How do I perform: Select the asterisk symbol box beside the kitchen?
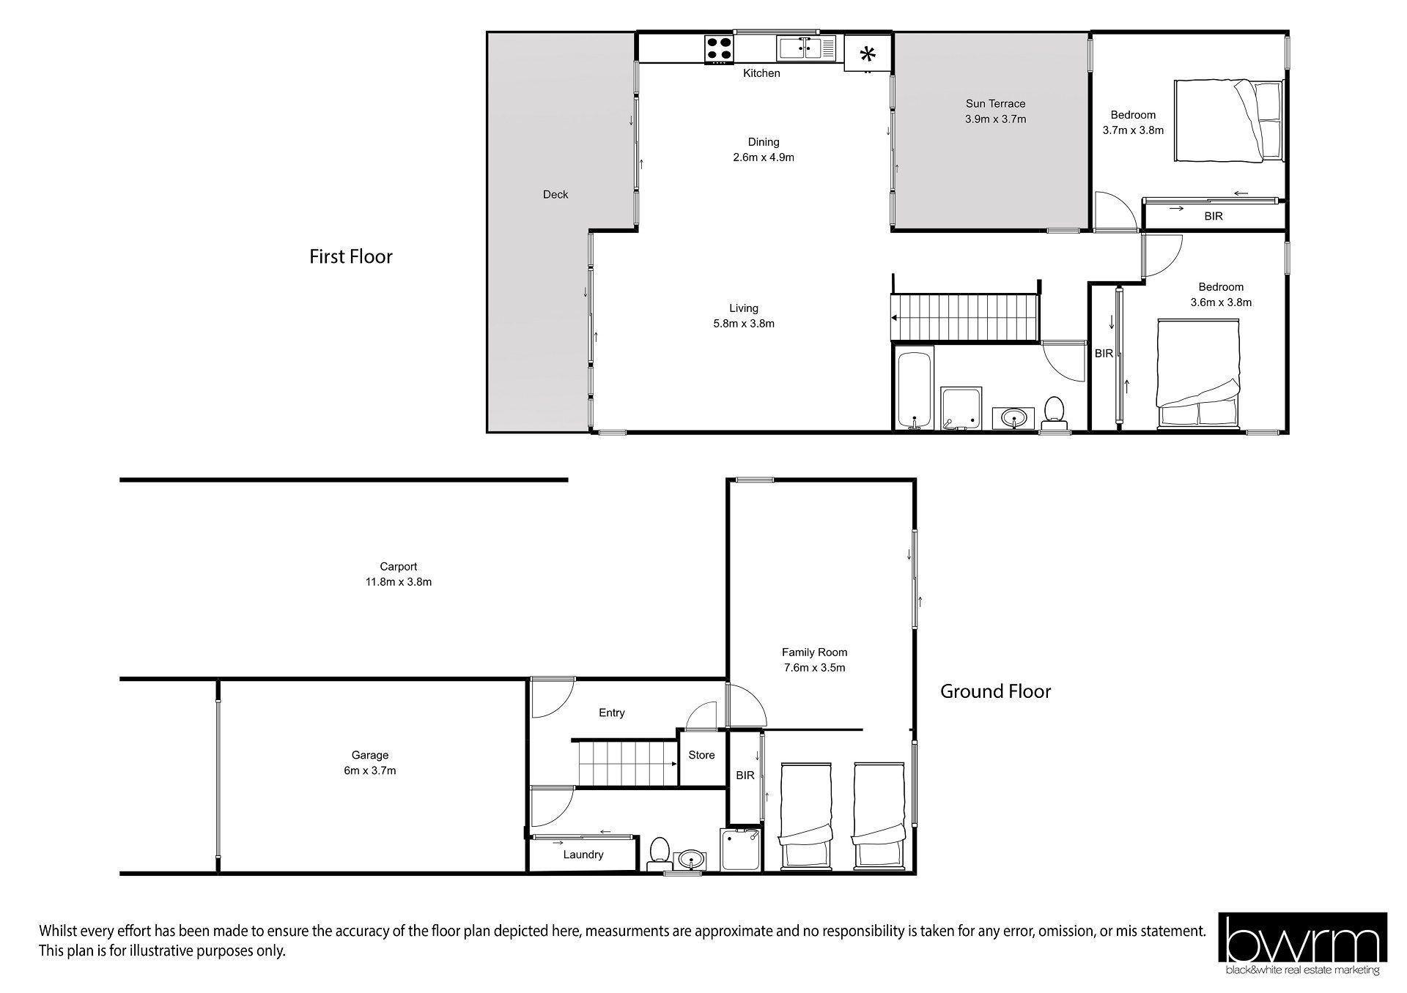tap(868, 53)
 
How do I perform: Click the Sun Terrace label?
tap(995, 103)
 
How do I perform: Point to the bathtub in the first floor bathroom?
tap(914, 388)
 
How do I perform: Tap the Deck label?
tap(555, 194)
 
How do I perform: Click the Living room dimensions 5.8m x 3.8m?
tap(744, 324)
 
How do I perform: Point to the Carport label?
tap(399, 566)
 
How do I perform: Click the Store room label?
tap(701, 755)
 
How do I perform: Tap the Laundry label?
tap(583, 855)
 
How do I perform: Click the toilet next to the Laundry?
tap(659, 853)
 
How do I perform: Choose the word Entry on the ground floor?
tap(612, 713)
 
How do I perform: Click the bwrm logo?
tap(1302, 944)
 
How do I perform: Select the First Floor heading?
tap(351, 256)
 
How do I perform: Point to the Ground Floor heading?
tap(995, 691)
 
